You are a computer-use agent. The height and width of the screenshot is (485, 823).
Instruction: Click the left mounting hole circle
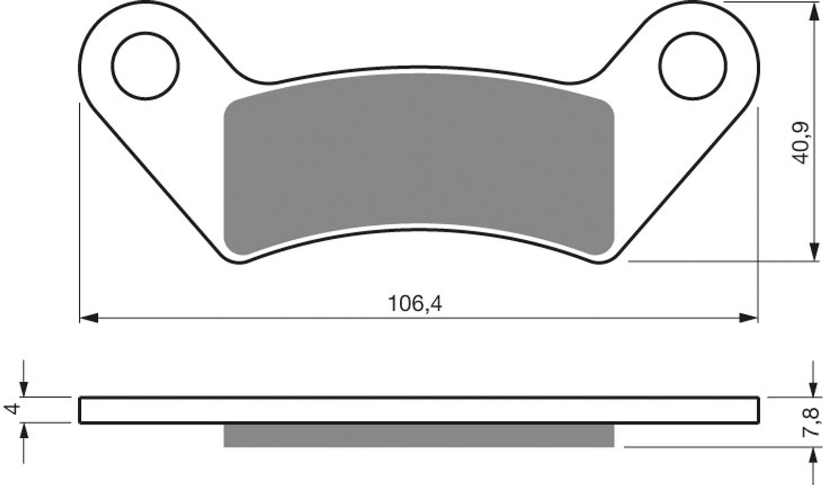[x=146, y=65]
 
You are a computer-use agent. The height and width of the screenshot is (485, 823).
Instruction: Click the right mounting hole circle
[x=694, y=65]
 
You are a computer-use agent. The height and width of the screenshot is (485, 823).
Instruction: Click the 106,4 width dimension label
[x=414, y=304]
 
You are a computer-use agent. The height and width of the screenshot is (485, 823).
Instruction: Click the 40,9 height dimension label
[x=802, y=143]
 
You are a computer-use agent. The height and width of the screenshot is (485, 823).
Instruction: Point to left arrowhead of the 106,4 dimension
[x=89, y=318]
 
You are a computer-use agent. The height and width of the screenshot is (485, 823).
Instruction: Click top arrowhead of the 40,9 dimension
[x=813, y=13]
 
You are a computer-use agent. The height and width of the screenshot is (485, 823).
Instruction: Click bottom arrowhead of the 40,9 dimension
[x=813, y=252]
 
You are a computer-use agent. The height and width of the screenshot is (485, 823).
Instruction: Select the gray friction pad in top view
[x=419, y=165]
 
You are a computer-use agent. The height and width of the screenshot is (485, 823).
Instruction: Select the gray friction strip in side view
[x=419, y=435]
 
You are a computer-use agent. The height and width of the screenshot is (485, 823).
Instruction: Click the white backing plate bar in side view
[x=419, y=410]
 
